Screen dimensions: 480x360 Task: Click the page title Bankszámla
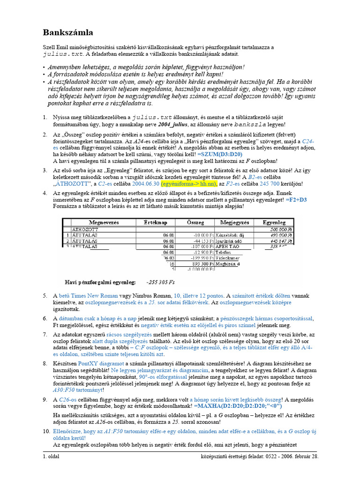[68, 32]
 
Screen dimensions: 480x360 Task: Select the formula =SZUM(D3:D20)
[220, 154]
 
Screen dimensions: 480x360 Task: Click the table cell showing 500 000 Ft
[280, 229]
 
